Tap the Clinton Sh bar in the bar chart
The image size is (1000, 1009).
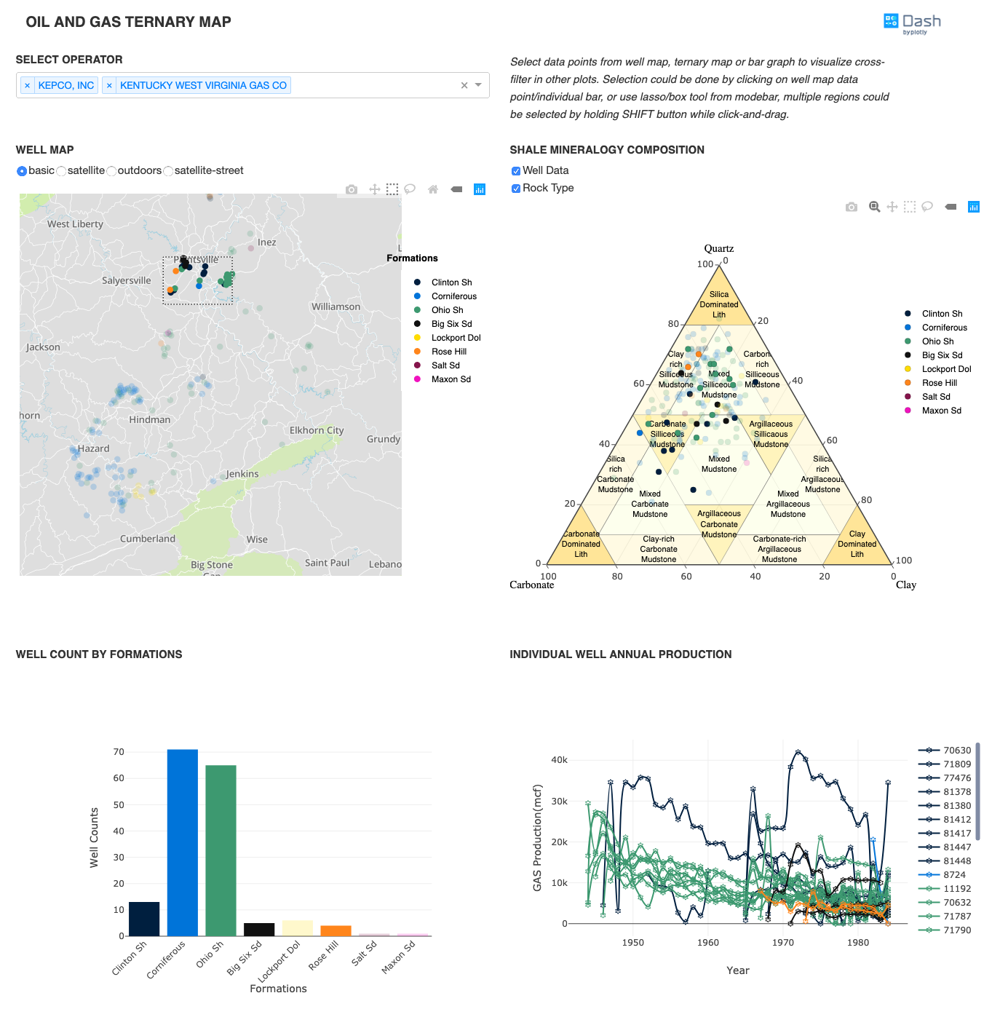click(144, 919)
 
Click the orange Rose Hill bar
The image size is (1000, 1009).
click(336, 930)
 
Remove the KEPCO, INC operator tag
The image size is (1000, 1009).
click(28, 86)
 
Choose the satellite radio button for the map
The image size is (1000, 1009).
click(62, 171)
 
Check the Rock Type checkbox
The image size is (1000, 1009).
click(516, 189)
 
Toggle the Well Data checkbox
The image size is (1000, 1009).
click(516, 171)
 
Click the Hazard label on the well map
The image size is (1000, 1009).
click(94, 448)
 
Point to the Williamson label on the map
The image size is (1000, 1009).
click(336, 306)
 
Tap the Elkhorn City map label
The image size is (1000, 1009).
click(317, 430)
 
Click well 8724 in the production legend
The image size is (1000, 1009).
click(954, 874)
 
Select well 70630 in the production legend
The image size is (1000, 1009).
click(957, 750)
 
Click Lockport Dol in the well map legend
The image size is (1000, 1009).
click(456, 338)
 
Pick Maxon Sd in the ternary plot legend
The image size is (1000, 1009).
click(941, 411)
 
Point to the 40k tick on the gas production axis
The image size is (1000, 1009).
click(559, 759)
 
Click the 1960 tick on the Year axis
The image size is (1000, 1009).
click(707, 942)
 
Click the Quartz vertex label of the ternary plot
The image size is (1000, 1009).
click(718, 248)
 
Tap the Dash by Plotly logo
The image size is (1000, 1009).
click(912, 23)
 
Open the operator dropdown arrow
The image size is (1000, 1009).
click(478, 85)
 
